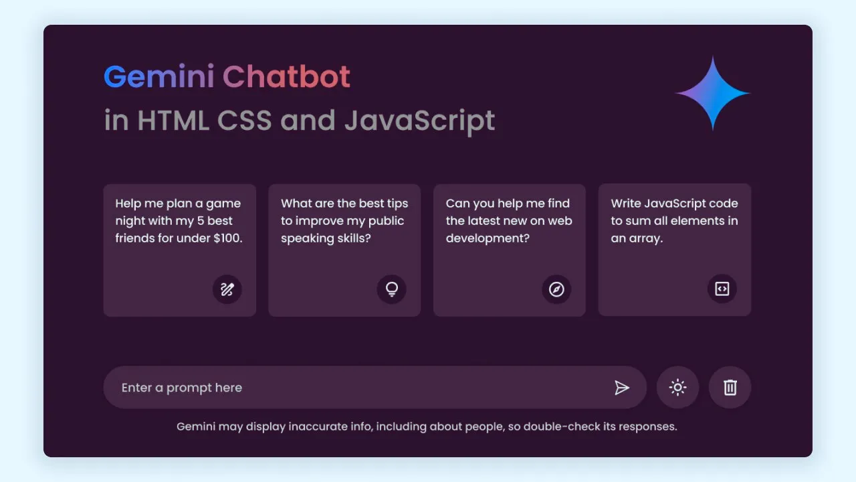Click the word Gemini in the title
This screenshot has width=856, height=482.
tap(159, 76)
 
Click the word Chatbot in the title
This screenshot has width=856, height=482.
tap(286, 76)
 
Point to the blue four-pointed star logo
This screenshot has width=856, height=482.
tap(713, 93)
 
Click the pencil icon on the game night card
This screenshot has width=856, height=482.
tap(227, 289)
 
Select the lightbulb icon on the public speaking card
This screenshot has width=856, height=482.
tap(392, 289)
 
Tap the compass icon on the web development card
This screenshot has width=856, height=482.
tap(556, 289)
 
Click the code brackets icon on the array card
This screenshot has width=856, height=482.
tap(722, 289)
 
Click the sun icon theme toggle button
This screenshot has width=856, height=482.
tap(677, 388)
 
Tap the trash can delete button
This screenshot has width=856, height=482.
tap(730, 388)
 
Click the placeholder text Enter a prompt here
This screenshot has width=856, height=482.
tap(182, 388)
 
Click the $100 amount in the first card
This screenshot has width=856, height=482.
tap(228, 238)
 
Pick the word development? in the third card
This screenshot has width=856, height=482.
tap(488, 238)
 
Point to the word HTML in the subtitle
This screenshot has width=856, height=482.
tap(173, 120)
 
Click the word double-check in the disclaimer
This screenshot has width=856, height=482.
tap(562, 426)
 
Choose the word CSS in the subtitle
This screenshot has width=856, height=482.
tap(245, 120)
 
